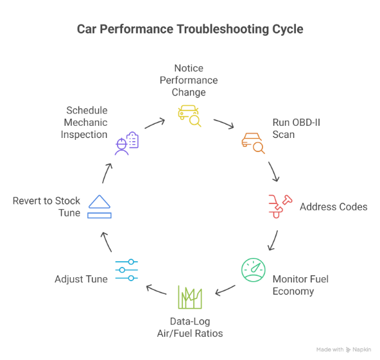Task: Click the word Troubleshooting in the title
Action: [223, 30]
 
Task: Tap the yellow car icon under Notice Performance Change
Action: [189, 116]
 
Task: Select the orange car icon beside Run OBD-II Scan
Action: [253, 143]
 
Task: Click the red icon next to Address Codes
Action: [280, 206]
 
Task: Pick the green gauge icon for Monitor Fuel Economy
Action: [254, 270]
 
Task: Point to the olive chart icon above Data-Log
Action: [190, 297]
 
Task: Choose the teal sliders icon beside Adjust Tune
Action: [126, 270]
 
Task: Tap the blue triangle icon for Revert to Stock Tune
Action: [99, 207]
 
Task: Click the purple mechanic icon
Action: [126, 143]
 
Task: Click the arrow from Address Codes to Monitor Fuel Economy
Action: [273, 241]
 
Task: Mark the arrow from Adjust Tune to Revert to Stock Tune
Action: [107, 241]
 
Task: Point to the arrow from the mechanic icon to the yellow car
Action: [155, 123]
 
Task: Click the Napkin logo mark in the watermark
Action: [348, 350]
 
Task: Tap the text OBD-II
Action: [306, 123]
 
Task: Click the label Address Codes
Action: [334, 207]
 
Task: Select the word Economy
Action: [293, 291]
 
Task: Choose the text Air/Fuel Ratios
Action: [190, 334]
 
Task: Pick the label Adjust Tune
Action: [81, 279]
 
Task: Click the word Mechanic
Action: [85, 123]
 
